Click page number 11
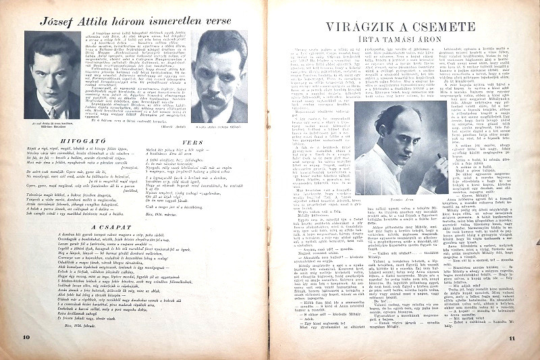(x=512, y=337)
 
